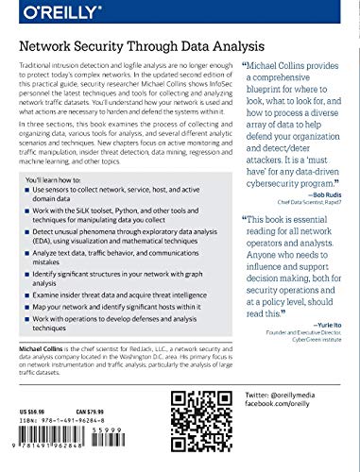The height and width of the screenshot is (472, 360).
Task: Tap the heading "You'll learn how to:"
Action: [58, 205]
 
